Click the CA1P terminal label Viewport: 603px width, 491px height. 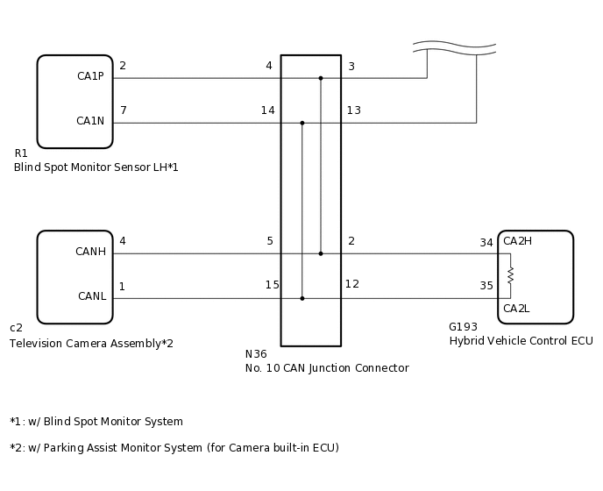coord(90,76)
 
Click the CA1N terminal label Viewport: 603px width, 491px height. coord(90,121)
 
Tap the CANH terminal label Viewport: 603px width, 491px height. coord(90,253)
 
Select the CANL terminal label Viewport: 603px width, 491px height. coord(91,296)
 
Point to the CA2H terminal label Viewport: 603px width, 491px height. coord(517,241)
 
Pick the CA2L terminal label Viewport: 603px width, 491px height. coord(516,308)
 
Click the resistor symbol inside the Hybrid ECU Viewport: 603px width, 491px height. coord(510,275)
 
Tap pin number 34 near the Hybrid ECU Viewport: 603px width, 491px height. coord(486,243)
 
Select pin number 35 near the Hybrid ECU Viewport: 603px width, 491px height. coord(486,286)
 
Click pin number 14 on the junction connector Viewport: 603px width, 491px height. coord(267,110)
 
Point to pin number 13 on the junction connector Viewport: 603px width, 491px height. coord(353,110)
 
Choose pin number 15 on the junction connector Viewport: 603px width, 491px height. coord(273,285)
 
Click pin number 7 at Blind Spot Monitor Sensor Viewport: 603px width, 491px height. coord(123,110)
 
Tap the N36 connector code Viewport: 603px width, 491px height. coord(256,354)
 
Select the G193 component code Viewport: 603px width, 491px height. coord(464,327)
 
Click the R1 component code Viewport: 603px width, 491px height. coord(21,153)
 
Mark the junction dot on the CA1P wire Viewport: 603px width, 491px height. coord(321,78)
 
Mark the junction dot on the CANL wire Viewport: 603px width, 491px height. coord(302,298)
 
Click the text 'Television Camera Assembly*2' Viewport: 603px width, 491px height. coord(91,344)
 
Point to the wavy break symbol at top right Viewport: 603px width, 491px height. coord(454,46)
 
